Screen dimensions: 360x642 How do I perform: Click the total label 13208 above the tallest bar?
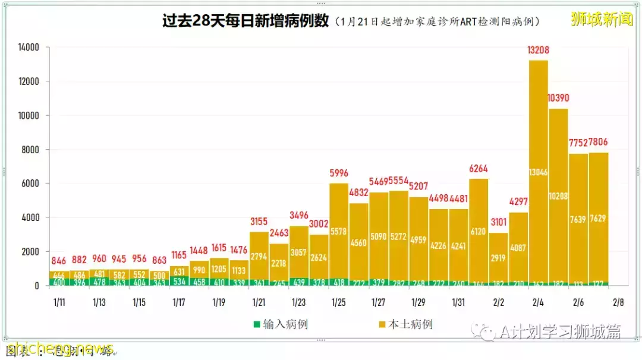point(538,50)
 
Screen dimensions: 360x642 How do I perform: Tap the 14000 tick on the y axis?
point(28,48)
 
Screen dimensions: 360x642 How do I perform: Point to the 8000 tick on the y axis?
point(30,150)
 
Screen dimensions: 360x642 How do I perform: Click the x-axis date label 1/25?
point(339,302)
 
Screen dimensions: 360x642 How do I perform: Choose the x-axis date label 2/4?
point(538,302)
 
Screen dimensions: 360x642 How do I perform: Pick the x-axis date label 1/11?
point(59,302)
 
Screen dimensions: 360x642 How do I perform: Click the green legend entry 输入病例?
point(281,324)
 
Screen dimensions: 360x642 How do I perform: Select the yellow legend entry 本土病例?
point(405,324)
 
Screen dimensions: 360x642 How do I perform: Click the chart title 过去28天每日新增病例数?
point(246,21)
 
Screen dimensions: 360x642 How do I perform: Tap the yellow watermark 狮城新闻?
point(602,19)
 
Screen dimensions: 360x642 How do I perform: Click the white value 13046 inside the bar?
point(538,173)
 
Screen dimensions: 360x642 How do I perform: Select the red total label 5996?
point(339,173)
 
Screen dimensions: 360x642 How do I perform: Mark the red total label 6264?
point(479,169)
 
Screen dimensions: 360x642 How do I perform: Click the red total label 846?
point(59,260)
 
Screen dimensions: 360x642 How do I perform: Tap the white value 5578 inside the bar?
point(339,232)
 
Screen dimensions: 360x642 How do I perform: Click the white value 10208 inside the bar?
point(558,195)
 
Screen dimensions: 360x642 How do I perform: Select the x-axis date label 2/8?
point(618,302)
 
